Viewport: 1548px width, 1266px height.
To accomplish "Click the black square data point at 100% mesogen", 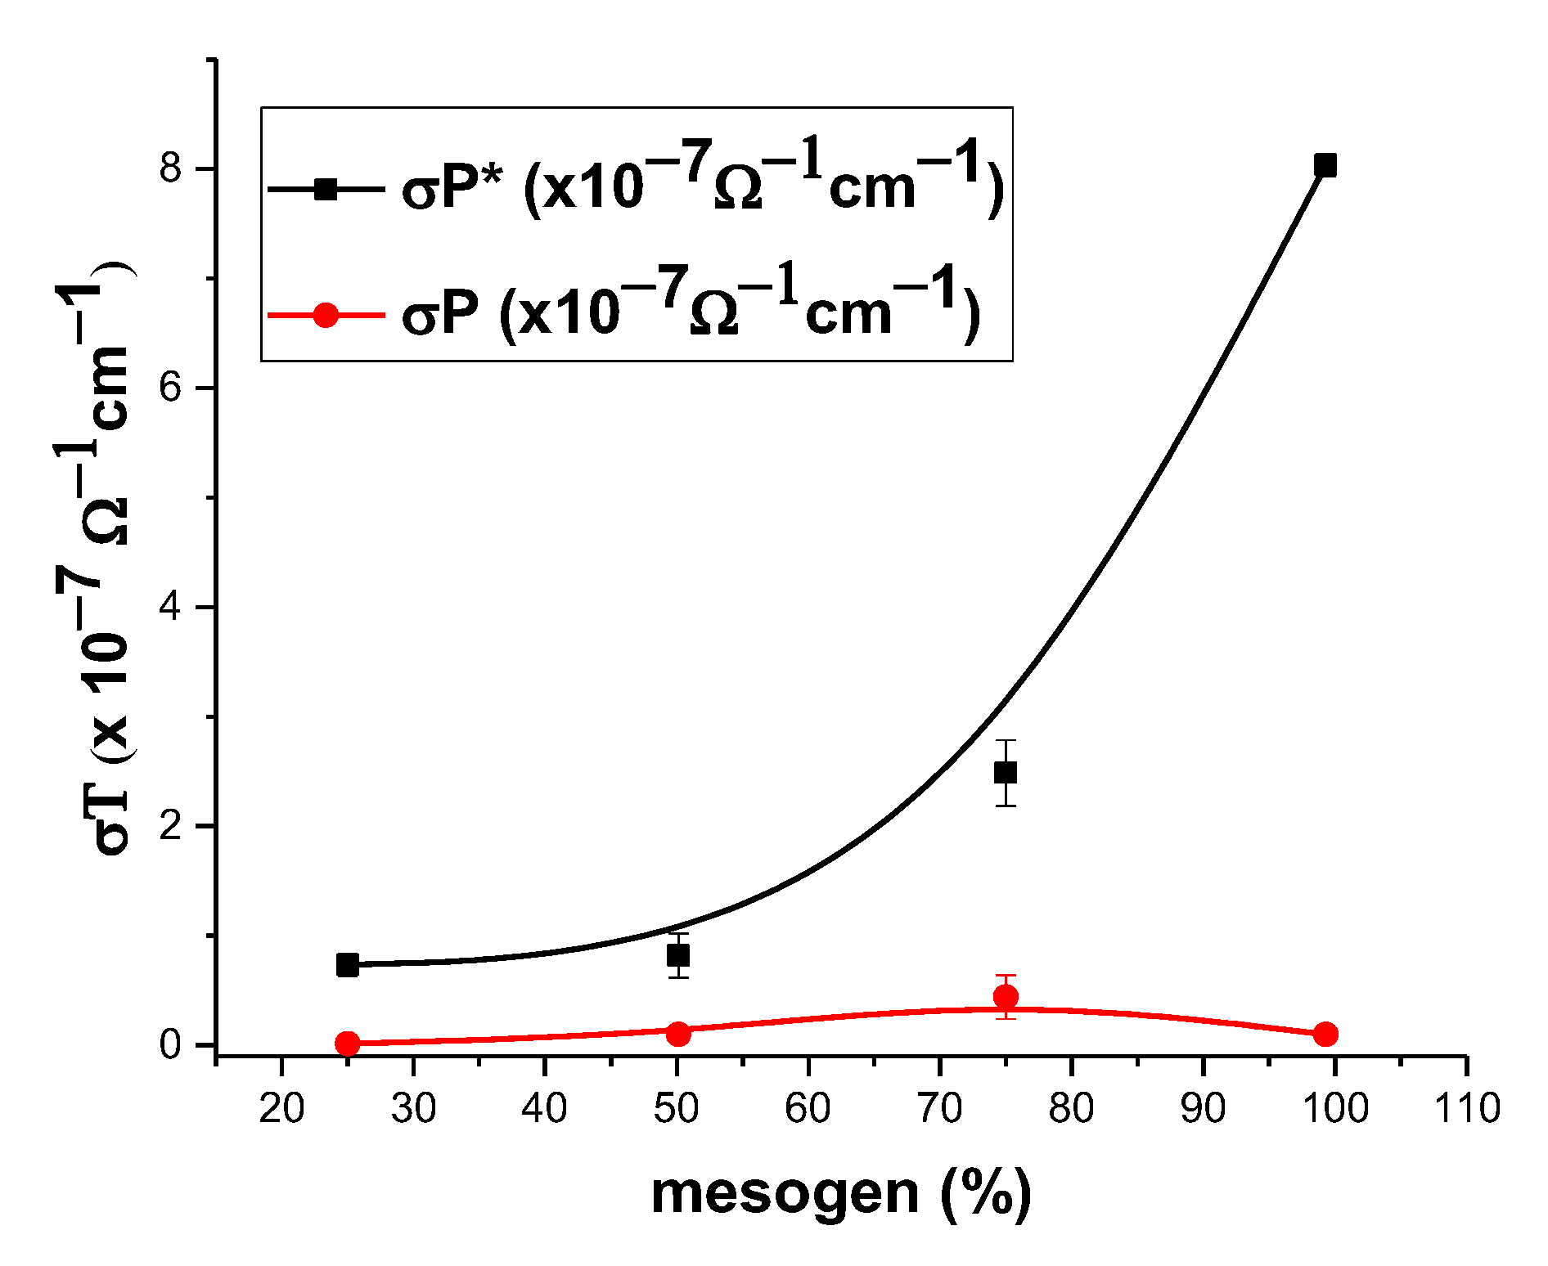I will coord(1325,166).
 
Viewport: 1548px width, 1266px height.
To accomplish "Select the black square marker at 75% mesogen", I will coord(1006,772).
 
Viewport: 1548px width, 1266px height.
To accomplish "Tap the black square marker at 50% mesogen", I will coord(678,954).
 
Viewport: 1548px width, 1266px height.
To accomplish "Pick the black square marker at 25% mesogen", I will coord(348,965).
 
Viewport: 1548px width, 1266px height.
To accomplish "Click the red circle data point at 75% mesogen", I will coord(1006,996).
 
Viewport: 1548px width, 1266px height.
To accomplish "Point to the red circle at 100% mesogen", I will coord(1325,1034).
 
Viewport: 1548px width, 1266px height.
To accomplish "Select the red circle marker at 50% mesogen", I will coord(678,1033).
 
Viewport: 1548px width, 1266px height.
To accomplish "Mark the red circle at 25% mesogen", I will coord(348,1043).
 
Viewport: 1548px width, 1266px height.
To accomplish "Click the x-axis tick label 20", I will coord(281,1109).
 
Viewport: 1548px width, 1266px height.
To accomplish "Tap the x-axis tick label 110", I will coord(1466,1109).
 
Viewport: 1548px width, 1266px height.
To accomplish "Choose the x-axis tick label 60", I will coord(808,1109).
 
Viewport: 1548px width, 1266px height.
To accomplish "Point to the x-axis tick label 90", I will coord(1203,1109).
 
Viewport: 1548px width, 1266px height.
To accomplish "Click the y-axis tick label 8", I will coord(170,168).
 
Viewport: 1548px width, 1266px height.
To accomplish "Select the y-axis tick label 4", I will coord(170,607).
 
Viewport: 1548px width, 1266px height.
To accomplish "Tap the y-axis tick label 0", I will coord(170,1044).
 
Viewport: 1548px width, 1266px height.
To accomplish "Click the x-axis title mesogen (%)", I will coord(841,1194).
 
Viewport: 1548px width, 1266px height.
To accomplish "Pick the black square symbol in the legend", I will coord(326,190).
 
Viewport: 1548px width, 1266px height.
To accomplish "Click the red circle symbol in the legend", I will coord(326,315).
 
